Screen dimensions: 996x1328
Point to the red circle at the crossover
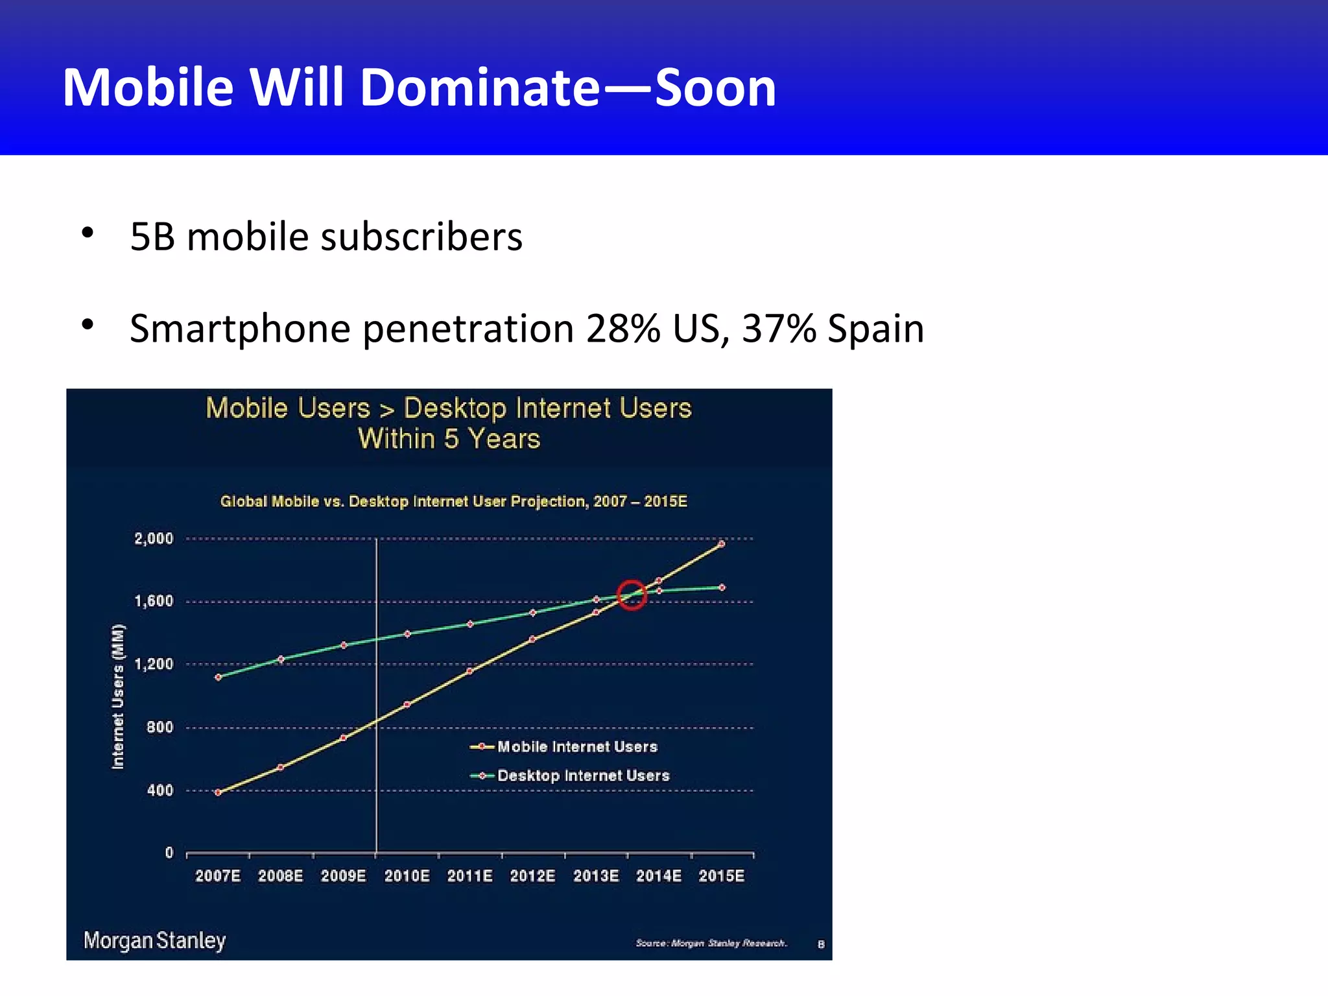click(x=632, y=595)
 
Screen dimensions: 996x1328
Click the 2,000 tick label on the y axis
click(x=154, y=538)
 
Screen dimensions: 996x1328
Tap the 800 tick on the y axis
click(x=160, y=727)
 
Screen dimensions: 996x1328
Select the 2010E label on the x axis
click(x=407, y=876)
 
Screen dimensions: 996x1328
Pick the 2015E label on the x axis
click(x=721, y=876)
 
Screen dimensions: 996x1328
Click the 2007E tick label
click(x=218, y=876)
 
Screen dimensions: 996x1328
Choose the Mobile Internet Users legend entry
click(x=576, y=747)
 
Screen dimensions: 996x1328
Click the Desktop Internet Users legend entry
click(x=582, y=776)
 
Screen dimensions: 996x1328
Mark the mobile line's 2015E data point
click(x=722, y=544)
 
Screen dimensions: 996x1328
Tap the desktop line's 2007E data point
click(x=218, y=677)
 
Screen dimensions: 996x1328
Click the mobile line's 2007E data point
click(x=218, y=792)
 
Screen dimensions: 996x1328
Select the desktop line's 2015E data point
click(x=722, y=587)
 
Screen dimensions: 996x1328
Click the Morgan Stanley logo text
click(x=154, y=940)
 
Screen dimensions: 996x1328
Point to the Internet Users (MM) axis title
click(x=118, y=696)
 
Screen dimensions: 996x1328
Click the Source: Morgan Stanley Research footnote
click(x=711, y=943)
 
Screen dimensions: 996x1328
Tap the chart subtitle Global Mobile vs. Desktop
click(x=453, y=501)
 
